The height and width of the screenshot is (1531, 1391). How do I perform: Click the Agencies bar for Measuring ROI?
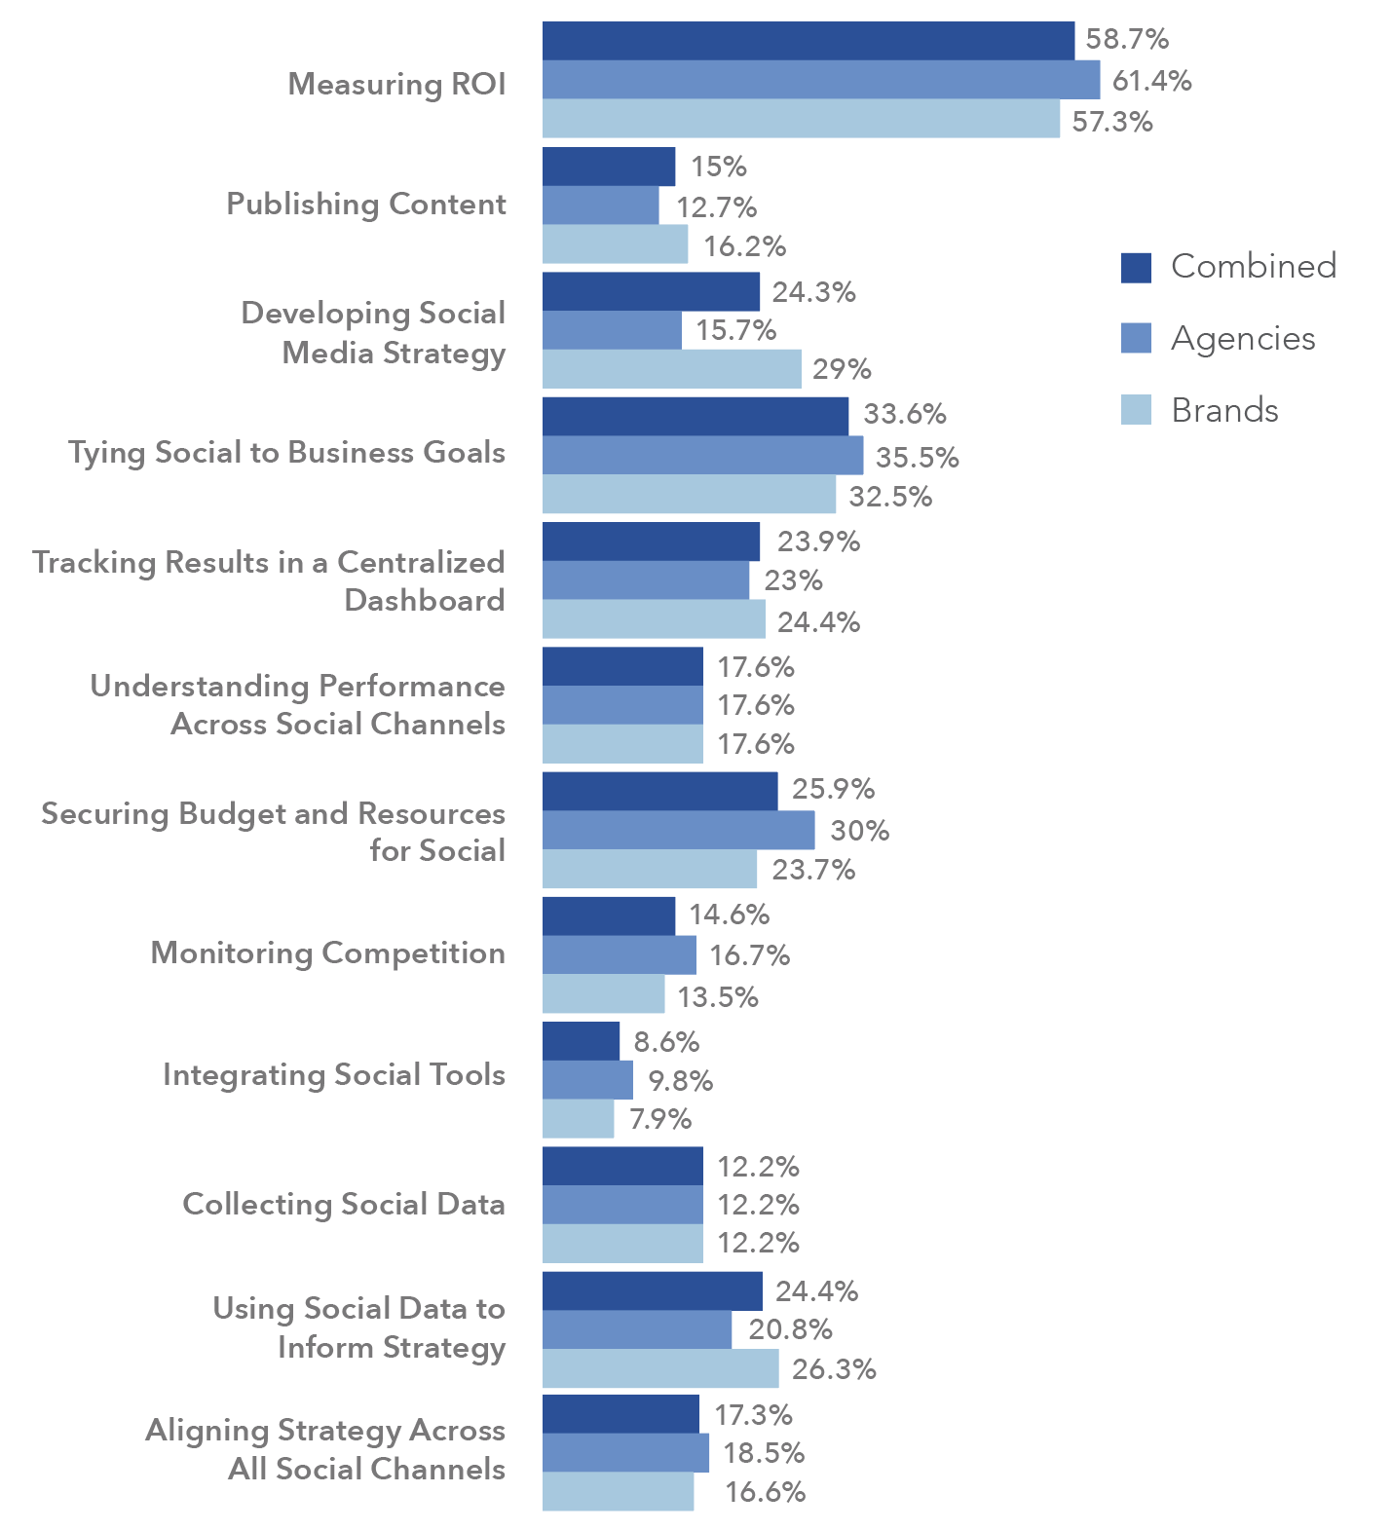point(820,80)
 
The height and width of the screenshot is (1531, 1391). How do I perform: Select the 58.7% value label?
point(1127,39)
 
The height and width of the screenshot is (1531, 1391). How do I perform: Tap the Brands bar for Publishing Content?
point(615,244)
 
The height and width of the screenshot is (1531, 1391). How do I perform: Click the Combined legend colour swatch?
point(1136,267)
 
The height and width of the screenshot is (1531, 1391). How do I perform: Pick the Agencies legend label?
point(1243,338)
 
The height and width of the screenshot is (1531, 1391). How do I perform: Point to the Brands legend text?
point(1224,410)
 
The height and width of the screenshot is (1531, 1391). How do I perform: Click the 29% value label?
point(843,369)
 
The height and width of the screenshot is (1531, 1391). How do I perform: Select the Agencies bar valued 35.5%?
point(702,455)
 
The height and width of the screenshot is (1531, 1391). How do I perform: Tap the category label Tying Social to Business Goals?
point(286,453)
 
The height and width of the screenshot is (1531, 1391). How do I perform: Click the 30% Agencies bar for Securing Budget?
point(678,830)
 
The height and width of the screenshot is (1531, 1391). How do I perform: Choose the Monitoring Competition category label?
point(327,952)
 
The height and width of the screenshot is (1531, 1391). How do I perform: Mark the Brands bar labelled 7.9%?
point(578,1119)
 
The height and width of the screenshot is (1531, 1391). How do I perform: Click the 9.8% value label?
point(680,1081)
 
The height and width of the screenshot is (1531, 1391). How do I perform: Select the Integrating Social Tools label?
point(334,1074)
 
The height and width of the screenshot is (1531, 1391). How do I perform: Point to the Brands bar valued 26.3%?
point(660,1368)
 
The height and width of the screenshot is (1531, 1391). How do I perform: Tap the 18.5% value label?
point(764,1453)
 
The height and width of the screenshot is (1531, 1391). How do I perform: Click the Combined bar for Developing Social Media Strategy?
point(651,291)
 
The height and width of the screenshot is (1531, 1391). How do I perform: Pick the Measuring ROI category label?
point(396,84)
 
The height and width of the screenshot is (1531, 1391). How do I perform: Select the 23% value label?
point(793,581)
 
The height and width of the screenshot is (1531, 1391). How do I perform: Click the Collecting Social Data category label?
point(344,1205)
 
